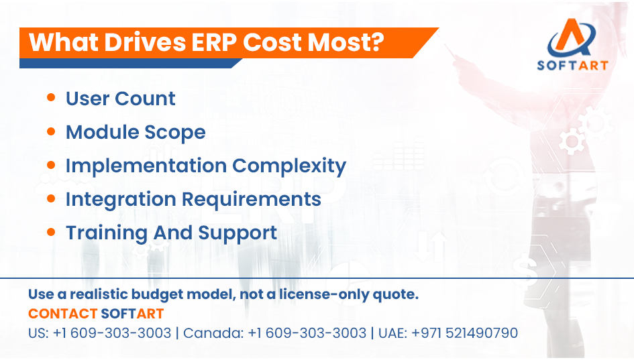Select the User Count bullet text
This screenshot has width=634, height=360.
tap(120, 99)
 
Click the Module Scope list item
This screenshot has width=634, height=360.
tap(135, 132)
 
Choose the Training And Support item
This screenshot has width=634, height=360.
tap(171, 233)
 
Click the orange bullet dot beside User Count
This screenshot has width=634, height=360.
tap(51, 98)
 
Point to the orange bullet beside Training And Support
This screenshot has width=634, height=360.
tap(51, 232)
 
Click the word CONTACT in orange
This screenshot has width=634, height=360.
tap(62, 314)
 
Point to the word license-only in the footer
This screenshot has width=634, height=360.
tap(333, 294)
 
